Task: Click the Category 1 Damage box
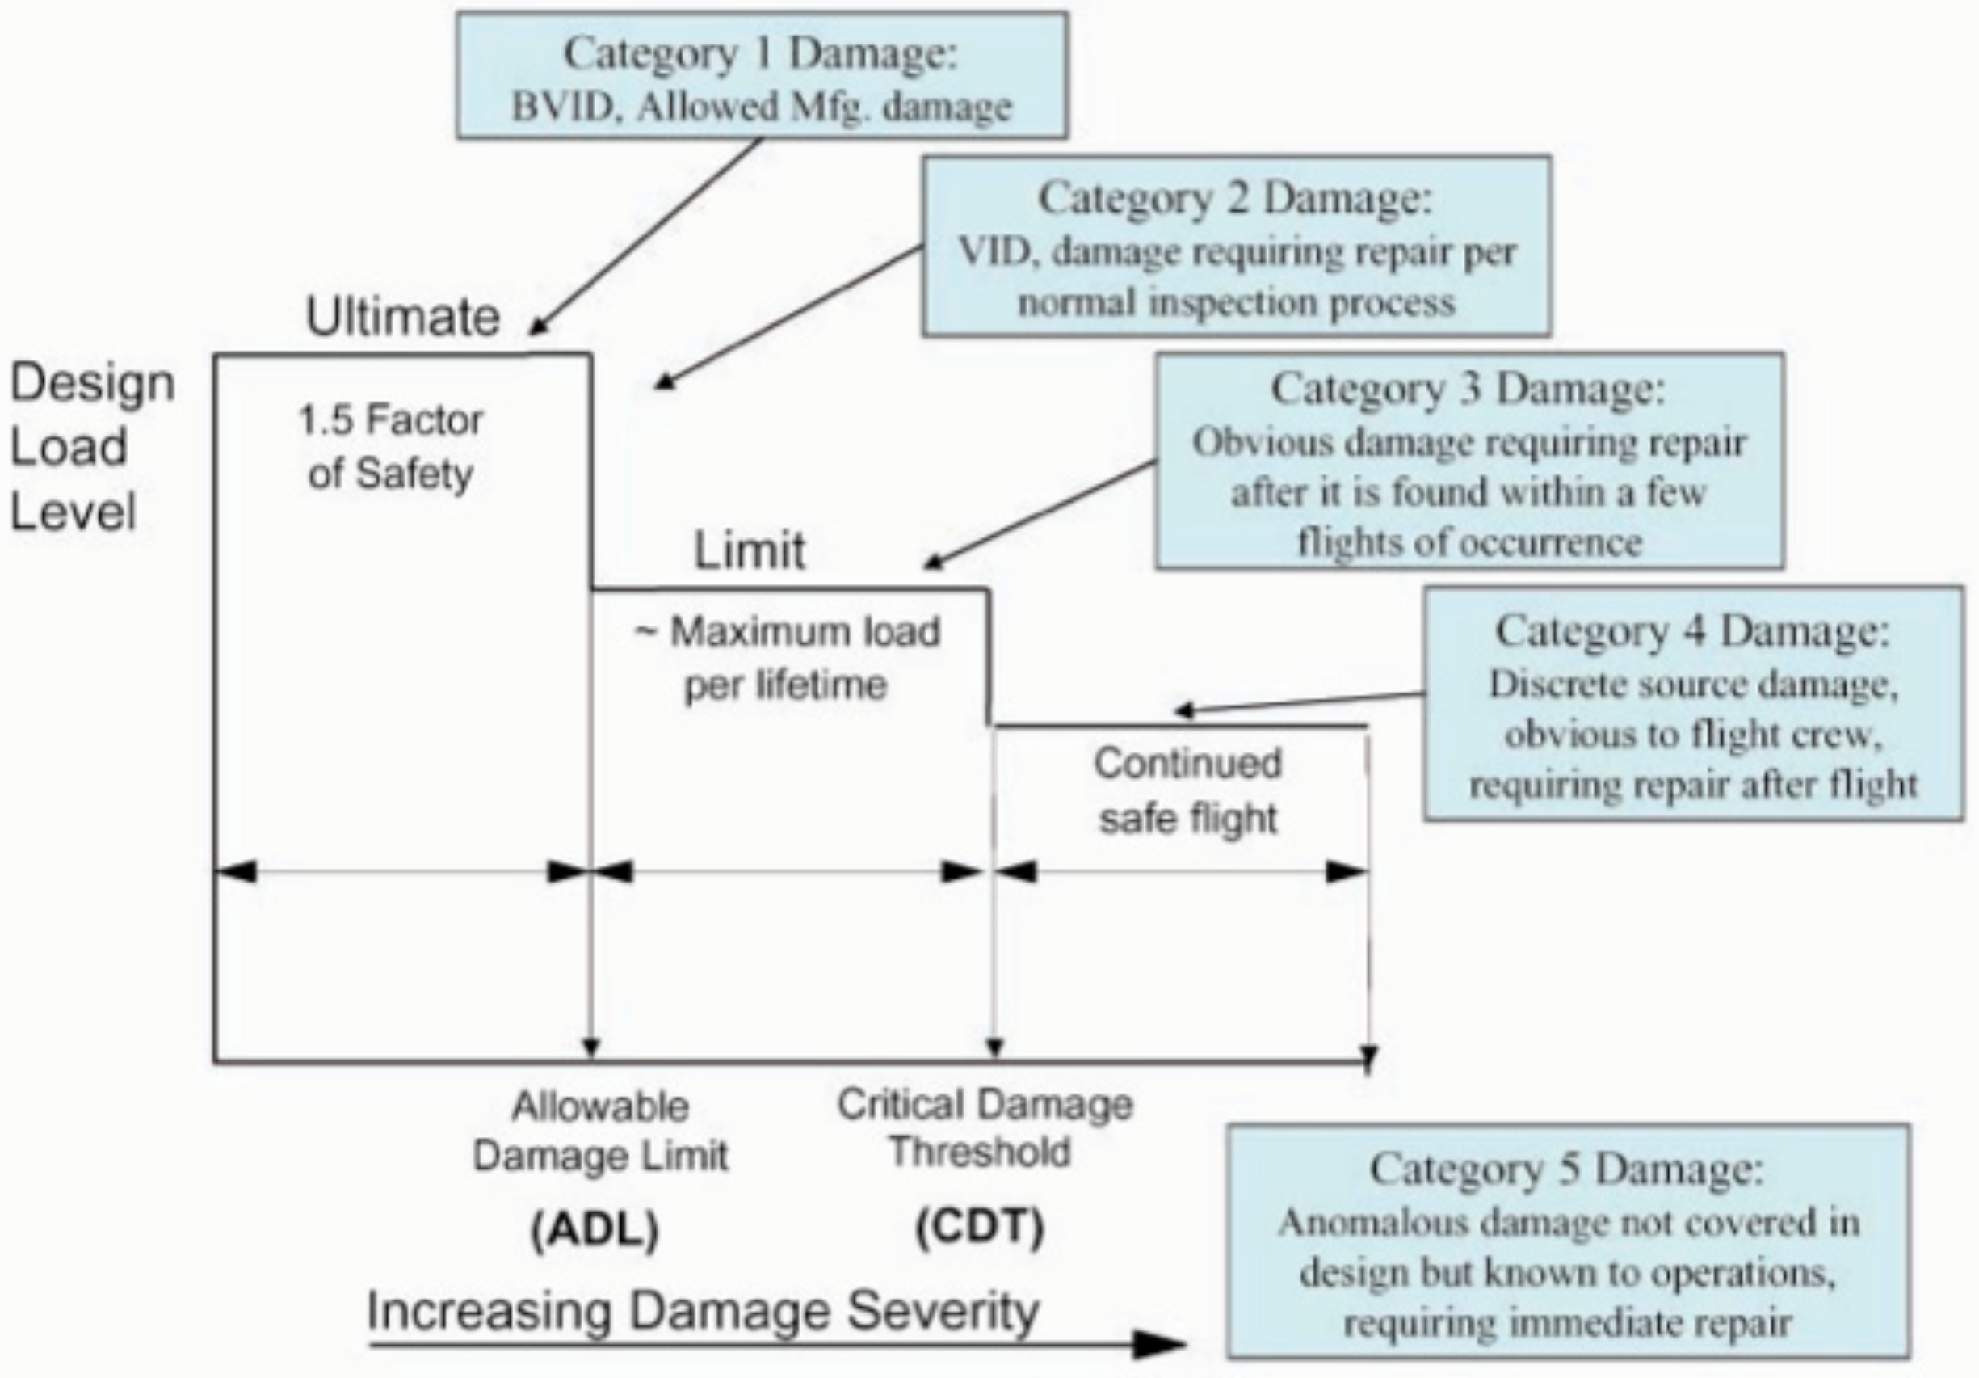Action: [762, 76]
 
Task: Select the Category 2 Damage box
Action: [1236, 247]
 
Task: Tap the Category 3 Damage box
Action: [1468, 461]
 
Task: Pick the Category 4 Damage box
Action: [1693, 704]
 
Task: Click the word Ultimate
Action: [402, 318]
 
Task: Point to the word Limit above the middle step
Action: [749, 550]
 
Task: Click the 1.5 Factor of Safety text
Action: [390, 447]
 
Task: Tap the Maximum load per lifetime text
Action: [787, 658]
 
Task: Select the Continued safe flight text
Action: [1187, 790]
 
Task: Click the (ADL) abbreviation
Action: [595, 1229]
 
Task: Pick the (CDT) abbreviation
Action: [979, 1226]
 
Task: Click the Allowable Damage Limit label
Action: [601, 1131]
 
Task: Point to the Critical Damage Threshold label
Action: [985, 1128]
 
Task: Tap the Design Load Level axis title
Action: [91, 447]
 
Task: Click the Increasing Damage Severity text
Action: [703, 1312]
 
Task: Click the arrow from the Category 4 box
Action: [1301, 703]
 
